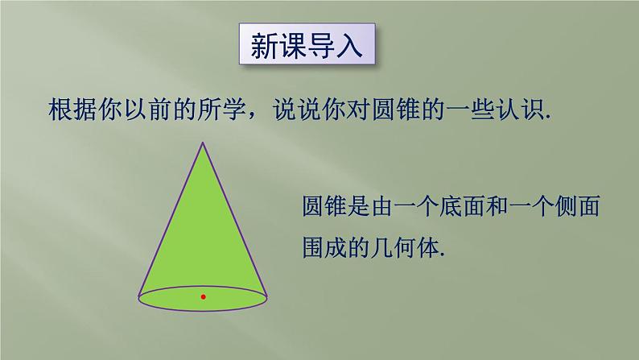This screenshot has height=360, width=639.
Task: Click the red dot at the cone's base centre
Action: pos(204,297)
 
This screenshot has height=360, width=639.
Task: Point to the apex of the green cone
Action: pos(203,143)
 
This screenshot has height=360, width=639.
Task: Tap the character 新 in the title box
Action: pos(264,45)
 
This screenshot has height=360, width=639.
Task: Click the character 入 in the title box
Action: pos(348,45)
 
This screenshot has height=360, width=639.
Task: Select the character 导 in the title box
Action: pos(320,45)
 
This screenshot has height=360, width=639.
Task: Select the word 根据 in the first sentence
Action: pos(72,110)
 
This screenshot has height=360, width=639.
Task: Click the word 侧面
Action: pos(577,206)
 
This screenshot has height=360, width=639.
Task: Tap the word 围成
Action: pos(324,247)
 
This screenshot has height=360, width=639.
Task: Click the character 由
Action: pos(381,206)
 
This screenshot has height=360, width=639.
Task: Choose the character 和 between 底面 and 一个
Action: pos(497,206)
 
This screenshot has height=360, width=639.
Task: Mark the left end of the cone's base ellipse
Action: pos(138,298)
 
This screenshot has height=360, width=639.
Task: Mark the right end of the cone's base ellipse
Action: pos(267,298)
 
